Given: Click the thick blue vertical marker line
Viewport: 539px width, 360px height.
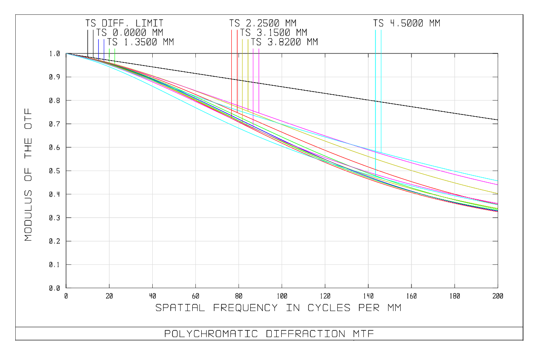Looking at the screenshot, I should click(98, 47).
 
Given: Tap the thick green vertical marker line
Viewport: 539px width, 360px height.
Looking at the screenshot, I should click(109, 54).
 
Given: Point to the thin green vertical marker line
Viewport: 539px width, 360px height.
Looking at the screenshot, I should click(115, 55).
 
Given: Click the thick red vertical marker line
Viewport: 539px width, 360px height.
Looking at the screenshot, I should click(237, 67).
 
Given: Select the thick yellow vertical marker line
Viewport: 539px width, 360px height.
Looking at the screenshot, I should click(248, 72).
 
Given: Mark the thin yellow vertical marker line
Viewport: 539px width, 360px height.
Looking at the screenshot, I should click(243, 72).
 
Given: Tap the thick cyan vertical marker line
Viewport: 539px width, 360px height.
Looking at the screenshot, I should click(376, 90).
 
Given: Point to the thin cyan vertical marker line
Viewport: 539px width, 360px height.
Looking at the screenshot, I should click(381, 90).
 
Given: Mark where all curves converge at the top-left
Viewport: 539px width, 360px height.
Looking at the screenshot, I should click(66, 53).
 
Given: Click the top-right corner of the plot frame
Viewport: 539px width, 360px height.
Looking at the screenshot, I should click(498, 53).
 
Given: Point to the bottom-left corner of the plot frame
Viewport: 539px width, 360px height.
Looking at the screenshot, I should click(66, 288).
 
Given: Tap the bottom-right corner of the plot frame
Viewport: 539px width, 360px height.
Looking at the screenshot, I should click(498, 288).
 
